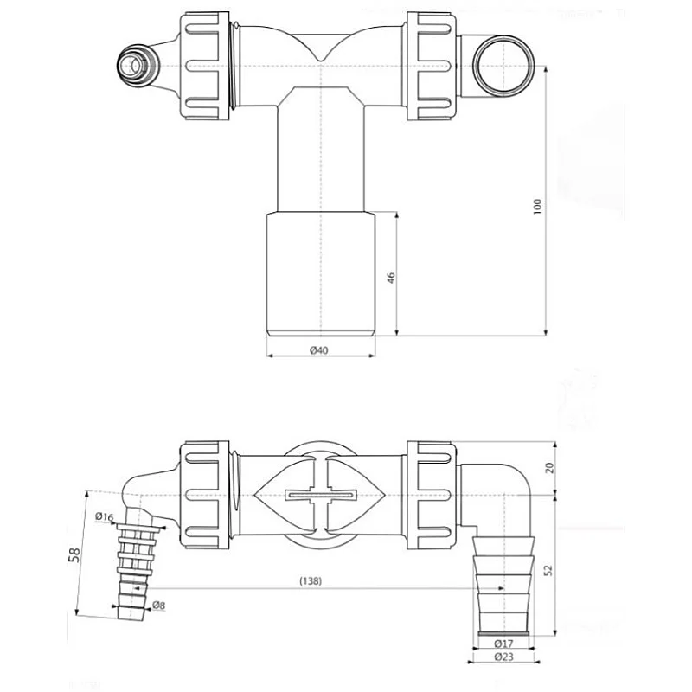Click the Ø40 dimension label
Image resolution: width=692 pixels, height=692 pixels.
318,350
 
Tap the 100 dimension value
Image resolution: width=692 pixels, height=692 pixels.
537,207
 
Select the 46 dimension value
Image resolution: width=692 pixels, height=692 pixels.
391,278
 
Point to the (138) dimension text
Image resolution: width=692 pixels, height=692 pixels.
311,580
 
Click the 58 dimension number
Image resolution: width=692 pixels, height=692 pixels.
75,554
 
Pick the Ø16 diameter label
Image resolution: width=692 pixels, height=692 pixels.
104,516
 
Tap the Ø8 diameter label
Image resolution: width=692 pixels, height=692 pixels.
158,605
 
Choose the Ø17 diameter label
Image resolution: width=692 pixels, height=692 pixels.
504,644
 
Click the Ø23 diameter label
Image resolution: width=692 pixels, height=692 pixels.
504,657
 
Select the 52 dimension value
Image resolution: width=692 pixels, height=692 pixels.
548,570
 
